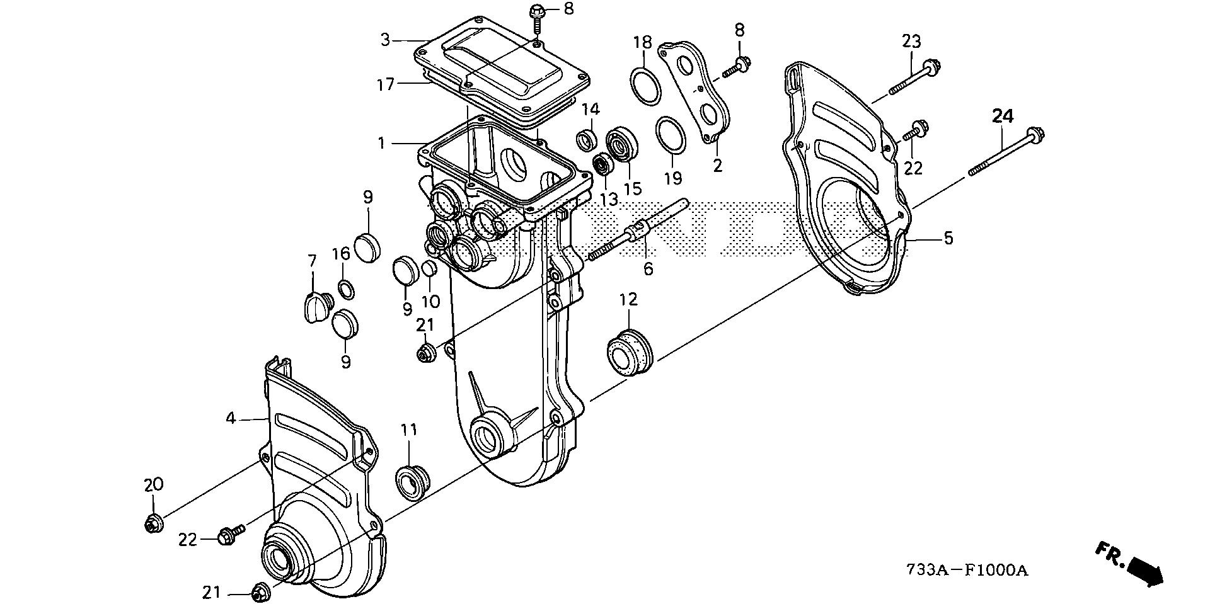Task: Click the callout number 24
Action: point(1003,116)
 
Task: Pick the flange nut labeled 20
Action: point(153,523)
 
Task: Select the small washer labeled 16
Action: point(346,290)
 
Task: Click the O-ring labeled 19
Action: point(670,134)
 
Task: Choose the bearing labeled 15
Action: point(623,144)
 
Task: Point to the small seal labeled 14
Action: point(588,140)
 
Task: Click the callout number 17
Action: point(386,84)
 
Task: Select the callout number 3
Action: point(386,41)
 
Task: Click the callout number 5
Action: point(948,239)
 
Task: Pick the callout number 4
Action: point(231,418)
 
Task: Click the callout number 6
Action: point(648,269)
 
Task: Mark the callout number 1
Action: point(381,144)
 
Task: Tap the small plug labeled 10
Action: point(429,269)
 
